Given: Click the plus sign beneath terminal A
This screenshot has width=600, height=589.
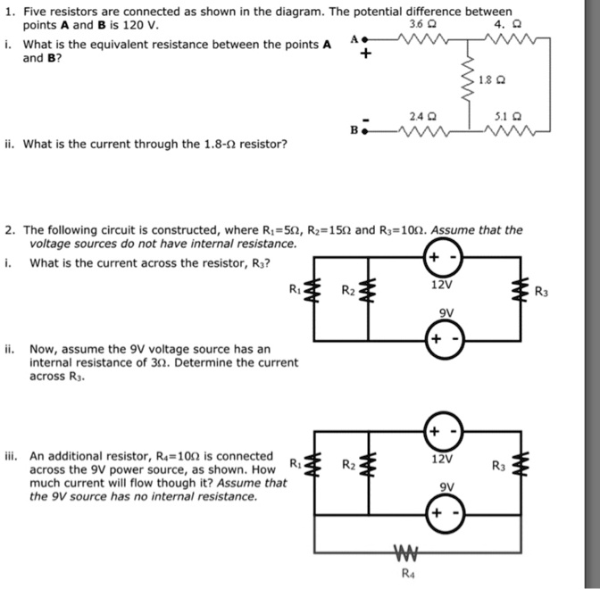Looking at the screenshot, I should pyautogui.click(x=364, y=55).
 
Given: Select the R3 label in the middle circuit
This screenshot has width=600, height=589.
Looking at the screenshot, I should pyautogui.click(x=541, y=290).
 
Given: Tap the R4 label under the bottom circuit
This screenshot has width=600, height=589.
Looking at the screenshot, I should pyautogui.click(x=408, y=575).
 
